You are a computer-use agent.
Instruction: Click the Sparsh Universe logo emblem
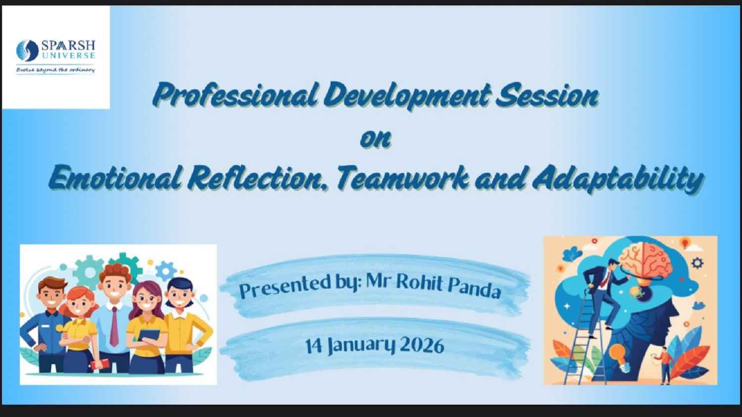click(27, 50)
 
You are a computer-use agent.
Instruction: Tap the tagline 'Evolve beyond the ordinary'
click(55, 70)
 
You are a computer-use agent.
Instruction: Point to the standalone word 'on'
click(375, 139)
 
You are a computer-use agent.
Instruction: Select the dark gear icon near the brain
click(698, 263)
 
